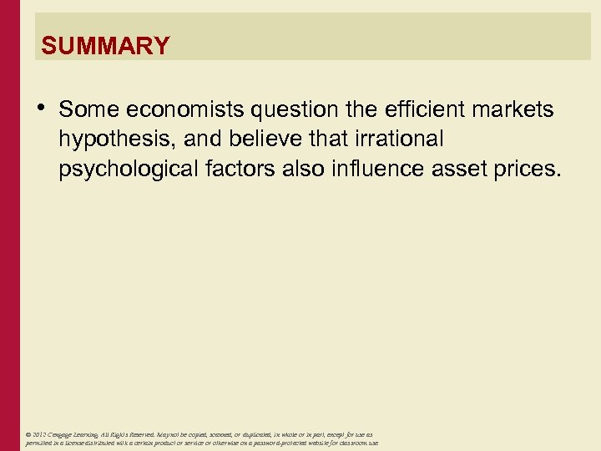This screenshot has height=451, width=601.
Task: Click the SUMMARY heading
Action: pyautogui.click(x=105, y=45)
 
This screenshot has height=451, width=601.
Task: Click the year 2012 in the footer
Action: pyautogui.click(x=41, y=435)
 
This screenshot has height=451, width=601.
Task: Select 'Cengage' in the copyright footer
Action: pyautogui.click(x=64, y=435)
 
